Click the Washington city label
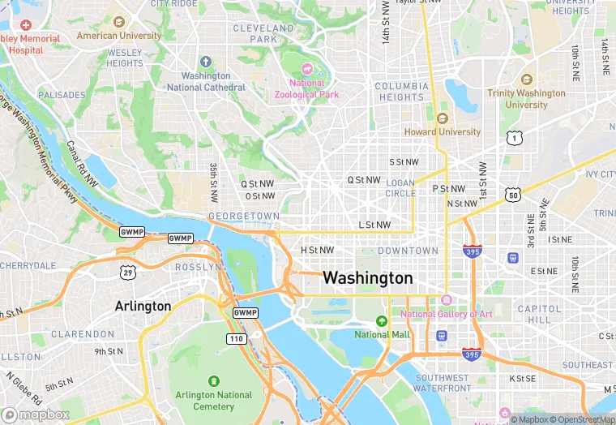click(x=367, y=278)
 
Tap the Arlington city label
click(x=143, y=306)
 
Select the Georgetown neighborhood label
click(x=244, y=217)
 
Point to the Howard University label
click(x=443, y=131)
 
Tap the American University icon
click(x=119, y=22)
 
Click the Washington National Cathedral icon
click(x=206, y=62)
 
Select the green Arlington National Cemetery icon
click(x=214, y=381)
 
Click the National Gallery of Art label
click(x=447, y=315)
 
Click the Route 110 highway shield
click(x=237, y=338)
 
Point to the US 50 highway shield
click(x=512, y=195)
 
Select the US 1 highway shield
click(x=514, y=139)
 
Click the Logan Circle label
click(x=400, y=189)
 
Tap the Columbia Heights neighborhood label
click(x=401, y=92)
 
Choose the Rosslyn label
click(x=198, y=267)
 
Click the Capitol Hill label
click(x=539, y=314)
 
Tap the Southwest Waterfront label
click(x=443, y=383)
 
